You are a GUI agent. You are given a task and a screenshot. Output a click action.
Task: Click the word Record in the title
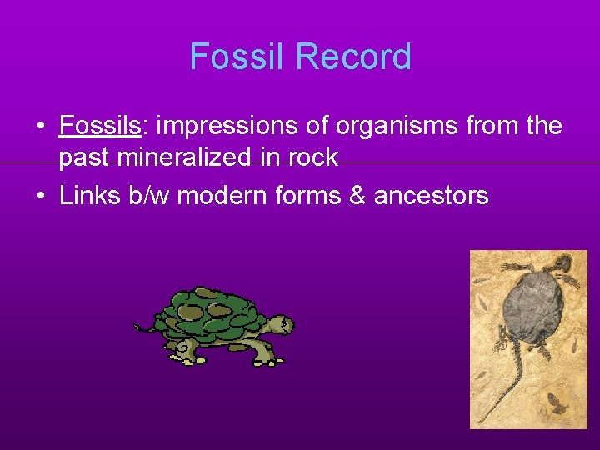353,57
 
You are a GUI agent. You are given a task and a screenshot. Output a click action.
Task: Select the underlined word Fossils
99,127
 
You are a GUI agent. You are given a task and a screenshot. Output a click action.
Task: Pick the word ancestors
431,197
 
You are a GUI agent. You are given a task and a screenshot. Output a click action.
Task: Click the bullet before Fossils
40,127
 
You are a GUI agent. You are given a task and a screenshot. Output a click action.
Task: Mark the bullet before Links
40,197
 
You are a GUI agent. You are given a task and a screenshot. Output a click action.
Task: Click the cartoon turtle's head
282,324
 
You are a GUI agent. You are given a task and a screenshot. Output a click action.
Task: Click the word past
86,157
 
